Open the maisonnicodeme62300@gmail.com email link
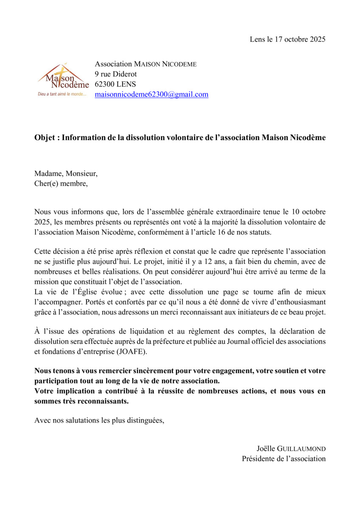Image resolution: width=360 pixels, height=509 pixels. [151, 95]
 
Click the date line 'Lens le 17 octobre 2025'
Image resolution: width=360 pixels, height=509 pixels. [287, 40]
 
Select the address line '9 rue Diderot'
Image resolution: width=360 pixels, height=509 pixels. [115, 74]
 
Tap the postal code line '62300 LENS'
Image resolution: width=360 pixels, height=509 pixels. [115, 84]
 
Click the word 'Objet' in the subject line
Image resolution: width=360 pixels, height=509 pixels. [45, 138]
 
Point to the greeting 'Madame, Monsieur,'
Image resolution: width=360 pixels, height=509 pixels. [66, 174]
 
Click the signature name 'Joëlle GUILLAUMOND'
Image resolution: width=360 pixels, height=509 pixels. [291, 449]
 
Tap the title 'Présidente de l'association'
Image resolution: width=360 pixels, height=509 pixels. [284, 459]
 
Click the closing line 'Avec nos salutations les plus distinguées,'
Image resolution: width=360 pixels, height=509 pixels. [99, 421]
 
